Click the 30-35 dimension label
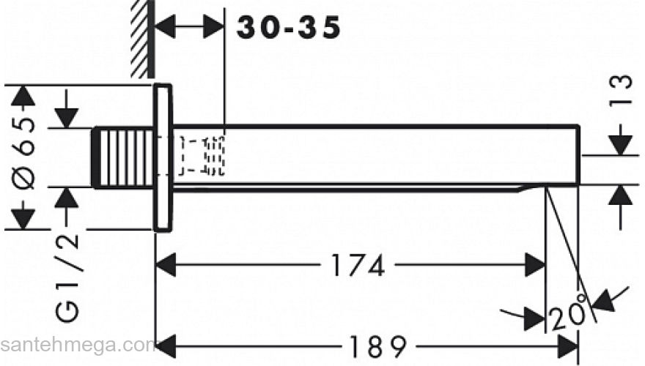[289, 28]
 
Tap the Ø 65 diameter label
[23, 153]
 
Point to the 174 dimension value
[358, 266]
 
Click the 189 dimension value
[377, 347]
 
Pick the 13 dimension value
[621, 90]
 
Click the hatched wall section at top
[143, 39]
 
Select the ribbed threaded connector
[122, 158]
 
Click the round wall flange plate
[163, 157]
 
